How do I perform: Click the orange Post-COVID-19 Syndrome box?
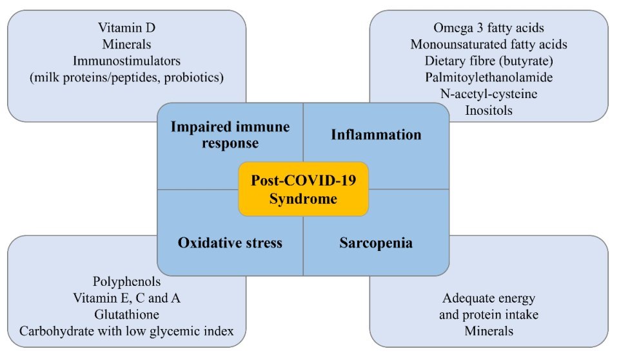click(303, 189)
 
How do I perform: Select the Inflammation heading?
click(376, 135)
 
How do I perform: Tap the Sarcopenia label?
click(376, 243)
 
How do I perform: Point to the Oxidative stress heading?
click(230, 243)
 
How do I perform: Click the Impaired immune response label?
click(230, 135)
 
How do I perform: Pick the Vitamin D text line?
click(127, 28)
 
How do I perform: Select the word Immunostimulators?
click(127, 61)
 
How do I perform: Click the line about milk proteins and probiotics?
click(127, 77)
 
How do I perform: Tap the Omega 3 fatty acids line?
click(489, 28)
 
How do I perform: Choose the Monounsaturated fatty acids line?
click(489, 45)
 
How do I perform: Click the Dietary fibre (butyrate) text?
click(489, 61)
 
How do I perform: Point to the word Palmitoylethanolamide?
click(489, 77)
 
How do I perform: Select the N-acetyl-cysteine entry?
click(489, 94)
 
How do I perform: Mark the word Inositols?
click(489, 110)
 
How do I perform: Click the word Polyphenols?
click(127, 282)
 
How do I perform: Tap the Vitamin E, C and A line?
click(127, 298)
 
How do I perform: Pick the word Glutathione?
click(127, 315)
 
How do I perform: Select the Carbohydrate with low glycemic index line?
click(127, 331)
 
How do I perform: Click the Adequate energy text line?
click(489, 298)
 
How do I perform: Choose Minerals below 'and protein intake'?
click(489, 331)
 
